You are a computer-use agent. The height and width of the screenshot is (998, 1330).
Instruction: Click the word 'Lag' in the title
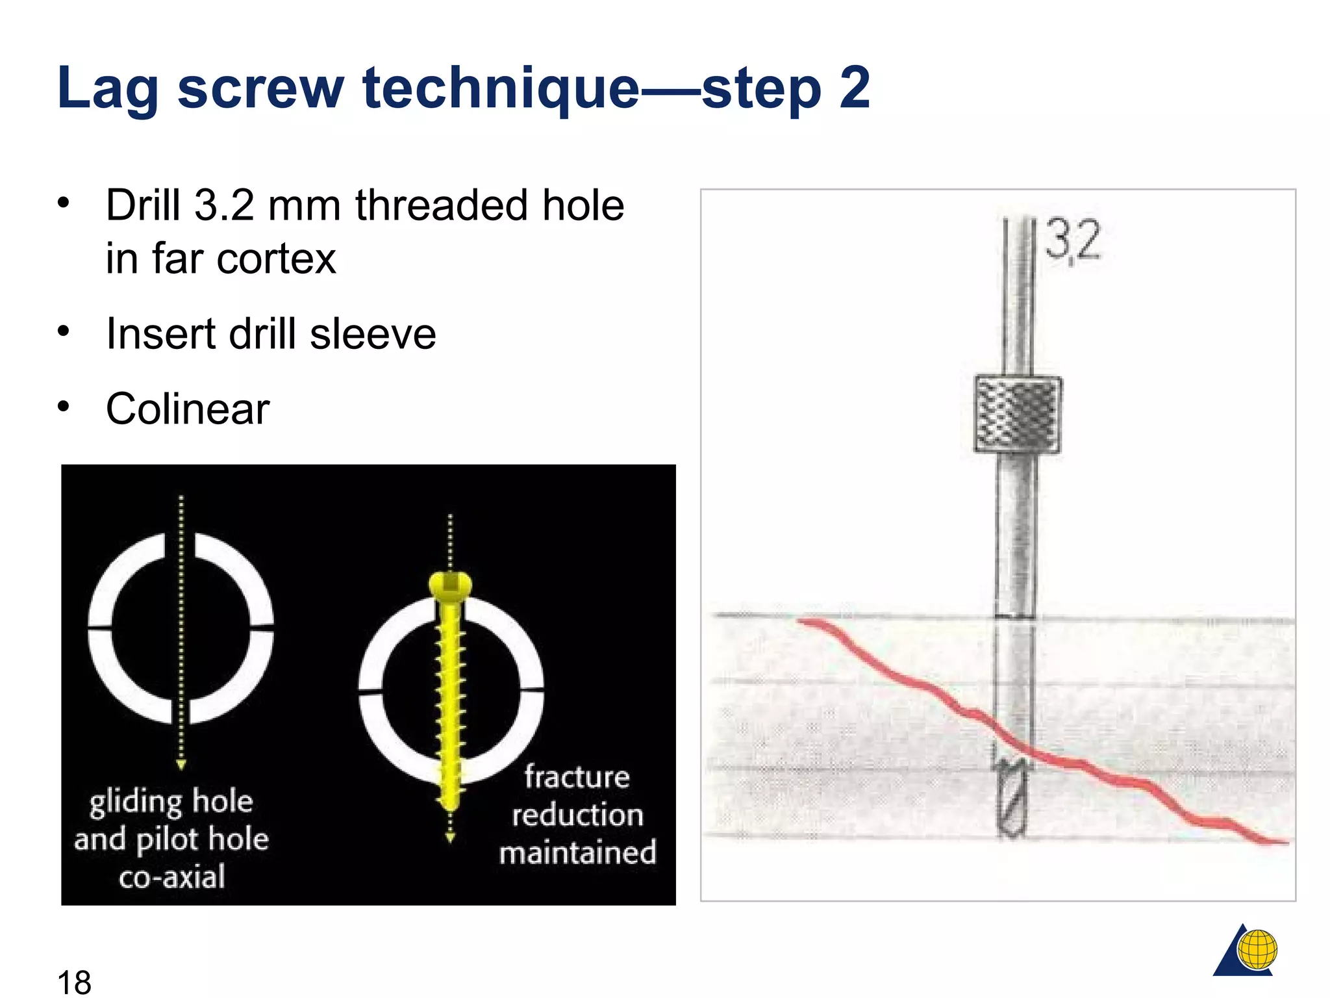tap(108, 88)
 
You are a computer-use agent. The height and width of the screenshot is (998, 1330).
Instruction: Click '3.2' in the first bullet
tap(224, 205)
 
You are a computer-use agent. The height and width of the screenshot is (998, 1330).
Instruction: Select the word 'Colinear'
tap(188, 409)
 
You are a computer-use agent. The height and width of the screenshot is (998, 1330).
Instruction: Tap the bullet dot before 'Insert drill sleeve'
tap(63, 331)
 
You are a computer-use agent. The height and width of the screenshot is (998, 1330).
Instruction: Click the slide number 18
tap(74, 981)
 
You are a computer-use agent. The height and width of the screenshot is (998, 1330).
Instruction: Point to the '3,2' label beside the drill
tap(1073, 240)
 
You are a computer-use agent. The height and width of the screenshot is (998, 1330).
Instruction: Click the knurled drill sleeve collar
tap(1018, 415)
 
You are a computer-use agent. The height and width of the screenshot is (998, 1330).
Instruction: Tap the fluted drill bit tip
tap(1012, 799)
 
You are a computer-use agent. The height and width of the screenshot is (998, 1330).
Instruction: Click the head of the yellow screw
tap(450, 585)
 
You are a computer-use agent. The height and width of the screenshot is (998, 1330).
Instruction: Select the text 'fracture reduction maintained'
tap(577, 815)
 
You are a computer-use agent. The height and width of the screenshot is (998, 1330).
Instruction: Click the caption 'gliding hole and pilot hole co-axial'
tap(171, 838)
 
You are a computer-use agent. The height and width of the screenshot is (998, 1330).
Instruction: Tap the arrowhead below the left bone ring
tap(181, 765)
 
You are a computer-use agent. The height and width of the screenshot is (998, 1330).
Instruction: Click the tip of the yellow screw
tap(450, 806)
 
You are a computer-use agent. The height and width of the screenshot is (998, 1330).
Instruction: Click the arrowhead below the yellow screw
tap(450, 838)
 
